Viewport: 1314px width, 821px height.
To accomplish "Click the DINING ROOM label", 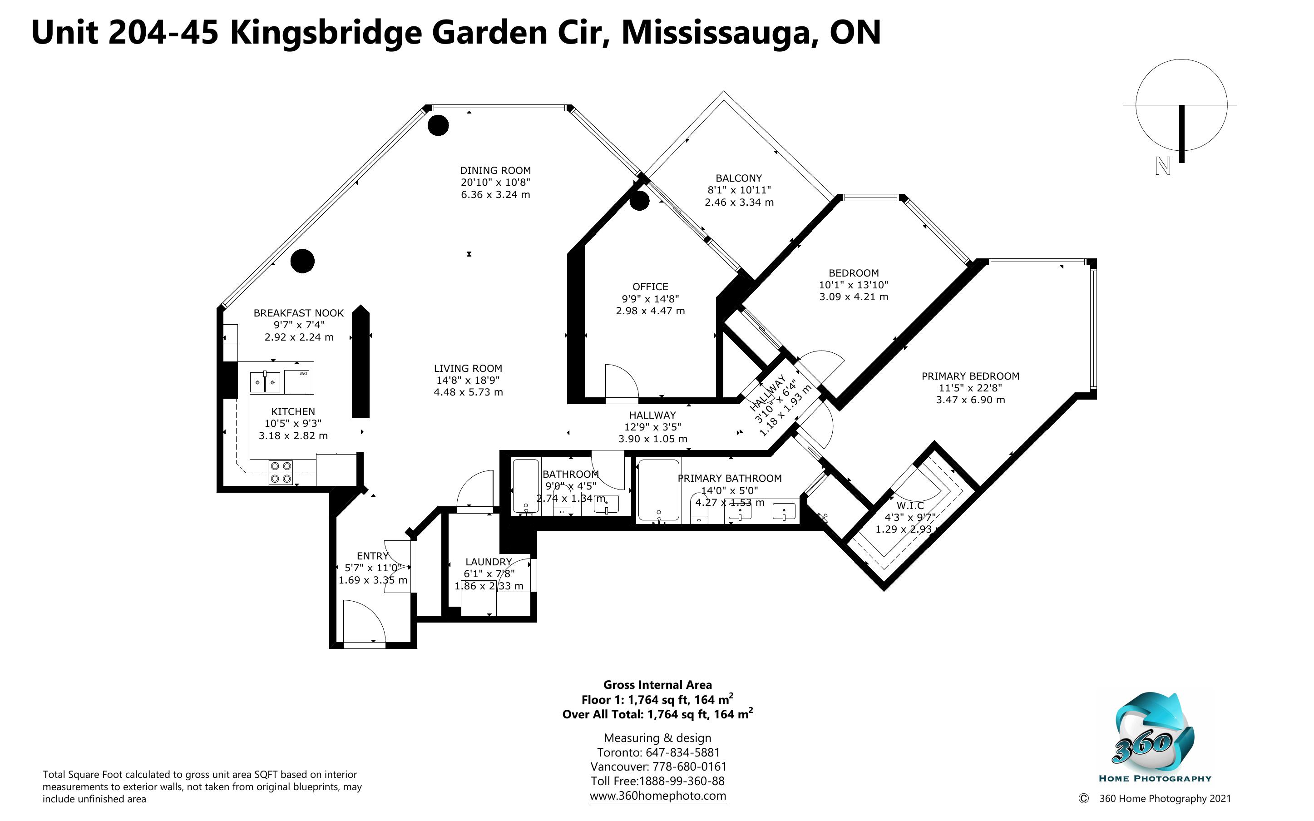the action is click(x=495, y=170).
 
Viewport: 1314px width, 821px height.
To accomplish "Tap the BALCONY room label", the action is click(x=739, y=178).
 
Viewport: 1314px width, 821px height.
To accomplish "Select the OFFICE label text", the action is click(x=650, y=287).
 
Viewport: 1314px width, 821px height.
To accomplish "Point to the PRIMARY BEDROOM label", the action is click(x=970, y=376).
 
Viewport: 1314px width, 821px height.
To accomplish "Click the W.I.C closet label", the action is click(x=910, y=505).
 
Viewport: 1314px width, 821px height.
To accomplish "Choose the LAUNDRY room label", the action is click(x=489, y=562).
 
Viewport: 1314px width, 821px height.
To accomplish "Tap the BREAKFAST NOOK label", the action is click(x=298, y=313).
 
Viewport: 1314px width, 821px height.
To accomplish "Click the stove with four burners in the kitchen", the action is click(x=281, y=472).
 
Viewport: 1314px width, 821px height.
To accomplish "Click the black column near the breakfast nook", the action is click(x=302, y=261).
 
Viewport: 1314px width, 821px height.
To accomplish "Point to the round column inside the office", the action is click(x=639, y=201).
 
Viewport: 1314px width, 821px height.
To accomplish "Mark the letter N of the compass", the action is click(x=1162, y=166).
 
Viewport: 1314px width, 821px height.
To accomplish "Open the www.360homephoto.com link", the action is click(x=658, y=796).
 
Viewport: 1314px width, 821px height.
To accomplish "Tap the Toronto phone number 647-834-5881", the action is click(x=682, y=752).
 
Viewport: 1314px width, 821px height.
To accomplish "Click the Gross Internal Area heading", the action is click(x=657, y=685).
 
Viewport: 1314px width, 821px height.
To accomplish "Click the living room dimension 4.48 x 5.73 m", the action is click(x=469, y=392).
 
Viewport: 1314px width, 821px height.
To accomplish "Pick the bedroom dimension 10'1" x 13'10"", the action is click(x=853, y=285).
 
